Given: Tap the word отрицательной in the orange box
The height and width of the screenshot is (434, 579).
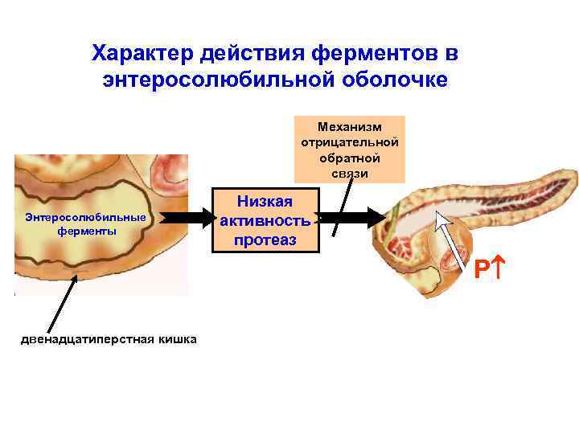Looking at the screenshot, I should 349,141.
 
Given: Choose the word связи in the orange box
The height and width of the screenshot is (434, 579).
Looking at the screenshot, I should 349,173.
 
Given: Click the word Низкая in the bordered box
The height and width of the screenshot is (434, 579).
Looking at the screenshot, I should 265,201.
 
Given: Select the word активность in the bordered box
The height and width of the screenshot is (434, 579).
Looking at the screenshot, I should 265,220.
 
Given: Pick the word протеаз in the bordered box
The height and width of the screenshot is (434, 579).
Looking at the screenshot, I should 265,240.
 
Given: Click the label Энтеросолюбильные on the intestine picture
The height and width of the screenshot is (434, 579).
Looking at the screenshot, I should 85,217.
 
